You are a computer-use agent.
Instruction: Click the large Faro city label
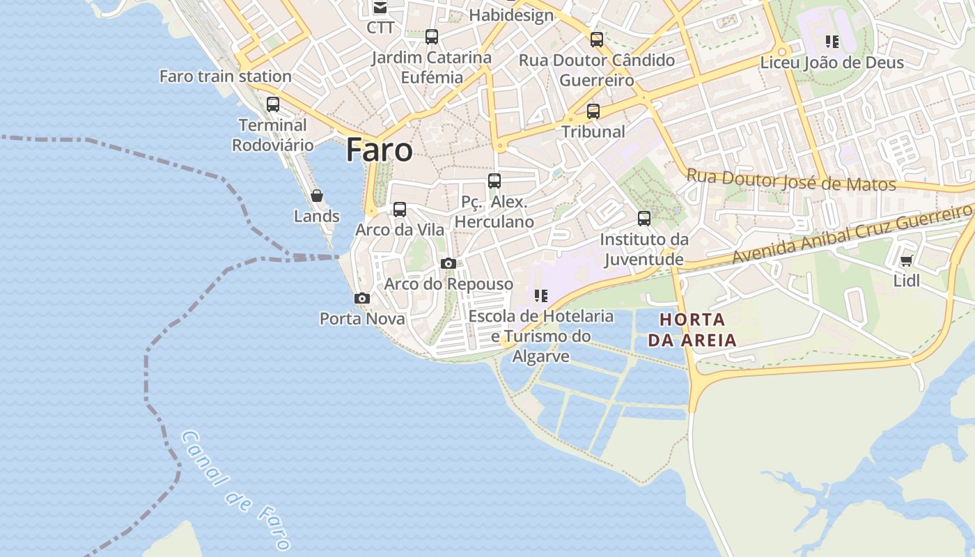click(x=379, y=150)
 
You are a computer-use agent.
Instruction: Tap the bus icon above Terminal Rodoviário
click(x=273, y=104)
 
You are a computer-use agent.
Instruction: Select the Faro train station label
click(x=226, y=76)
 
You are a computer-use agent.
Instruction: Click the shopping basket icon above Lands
click(x=317, y=196)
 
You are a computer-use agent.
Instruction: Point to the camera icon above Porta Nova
click(x=362, y=298)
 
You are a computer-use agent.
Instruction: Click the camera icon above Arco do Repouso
click(x=448, y=263)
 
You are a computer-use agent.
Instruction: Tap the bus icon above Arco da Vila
click(x=400, y=209)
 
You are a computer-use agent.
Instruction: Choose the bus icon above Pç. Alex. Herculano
click(x=494, y=181)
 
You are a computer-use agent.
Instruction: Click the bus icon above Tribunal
click(x=593, y=111)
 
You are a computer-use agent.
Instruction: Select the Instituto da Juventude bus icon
click(x=644, y=219)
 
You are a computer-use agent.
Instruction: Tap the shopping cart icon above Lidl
click(x=906, y=261)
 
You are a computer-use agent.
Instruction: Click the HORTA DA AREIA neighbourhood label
click(x=692, y=330)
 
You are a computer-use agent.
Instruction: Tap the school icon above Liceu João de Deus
click(x=832, y=42)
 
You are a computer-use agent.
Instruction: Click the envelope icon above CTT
click(x=380, y=8)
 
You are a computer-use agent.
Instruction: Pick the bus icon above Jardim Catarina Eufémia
click(x=432, y=37)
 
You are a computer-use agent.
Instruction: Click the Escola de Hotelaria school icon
click(x=541, y=296)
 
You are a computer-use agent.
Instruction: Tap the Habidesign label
click(x=511, y=15)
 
